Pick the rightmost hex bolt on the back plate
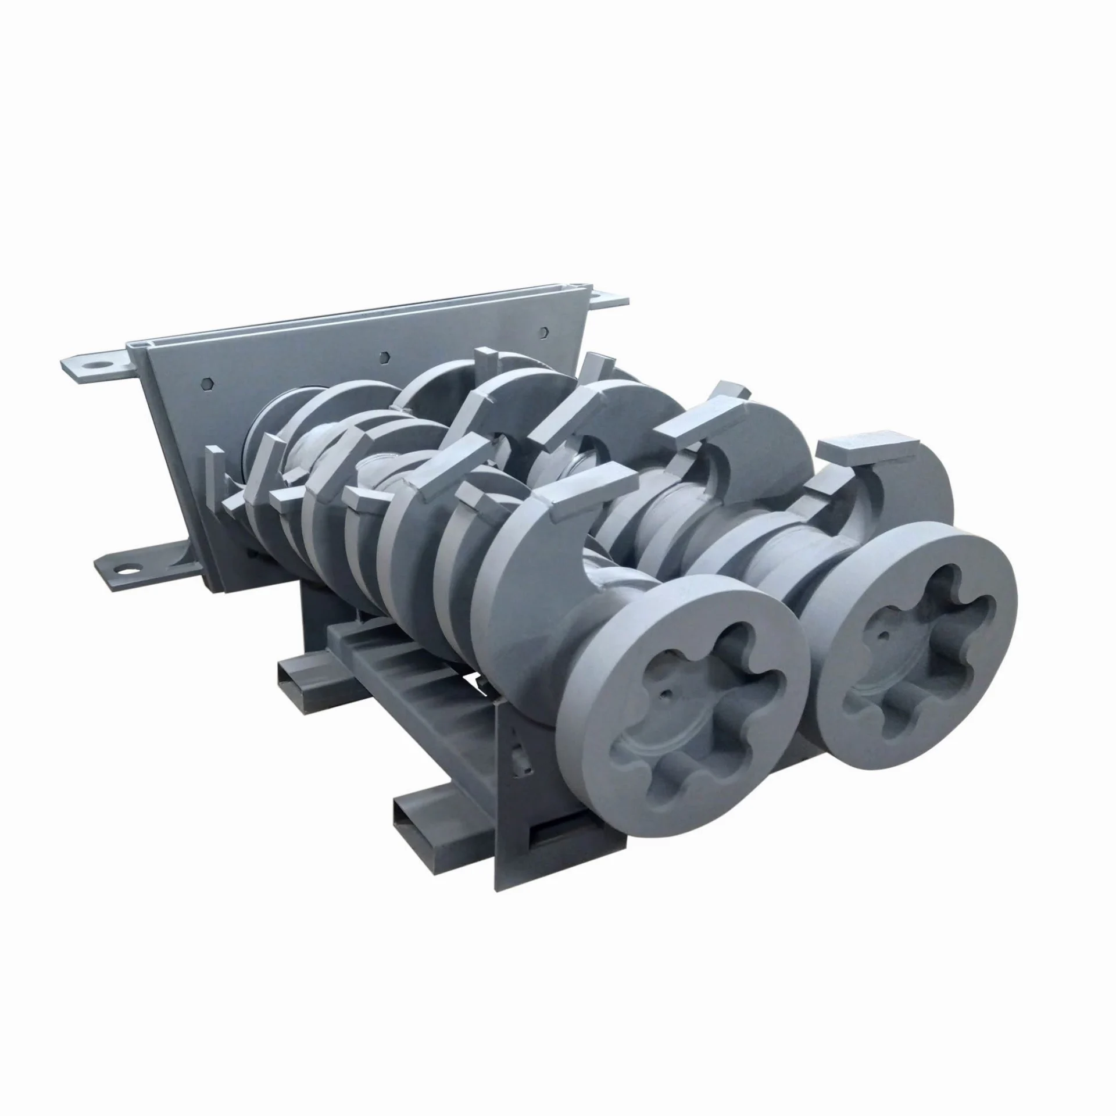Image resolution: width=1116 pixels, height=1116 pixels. point(543,331)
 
